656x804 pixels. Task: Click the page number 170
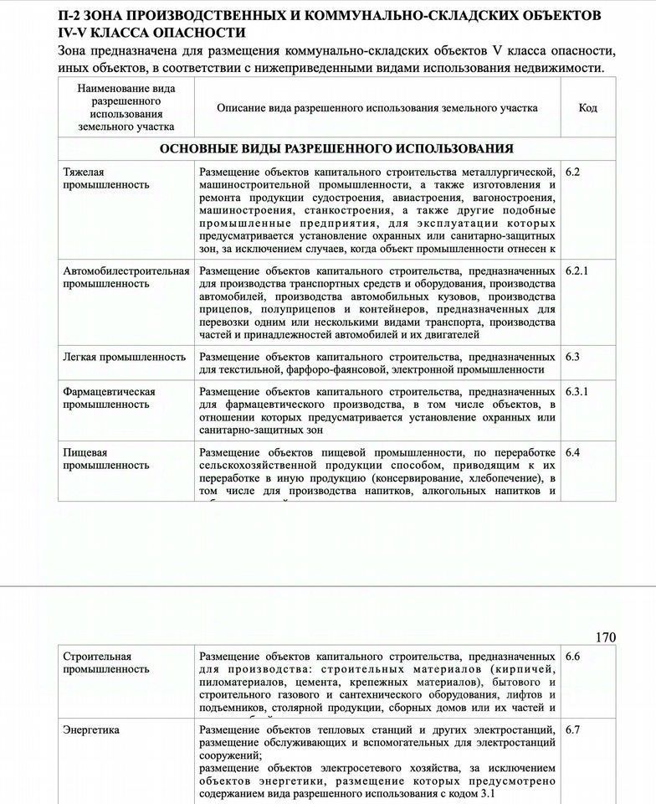[605, 637]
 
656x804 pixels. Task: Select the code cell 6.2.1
[577, 271]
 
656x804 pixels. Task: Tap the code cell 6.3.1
[577, 391]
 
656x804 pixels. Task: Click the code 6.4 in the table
[572, 452]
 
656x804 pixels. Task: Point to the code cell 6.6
[572, 657]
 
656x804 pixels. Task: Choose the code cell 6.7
[572, 729]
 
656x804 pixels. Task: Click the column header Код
[587, 108]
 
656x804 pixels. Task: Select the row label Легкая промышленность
[115, 357]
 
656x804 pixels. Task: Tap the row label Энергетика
[91, 729]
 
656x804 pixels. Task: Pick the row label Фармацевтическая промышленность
[109, 398]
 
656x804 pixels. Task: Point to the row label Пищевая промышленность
[96, 459]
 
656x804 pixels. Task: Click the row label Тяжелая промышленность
[96, 178]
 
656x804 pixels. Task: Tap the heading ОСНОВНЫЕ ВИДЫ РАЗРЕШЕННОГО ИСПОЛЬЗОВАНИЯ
[336, 148]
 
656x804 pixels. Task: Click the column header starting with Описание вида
[377, 108]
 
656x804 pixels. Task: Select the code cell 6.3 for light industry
[572, 356]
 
